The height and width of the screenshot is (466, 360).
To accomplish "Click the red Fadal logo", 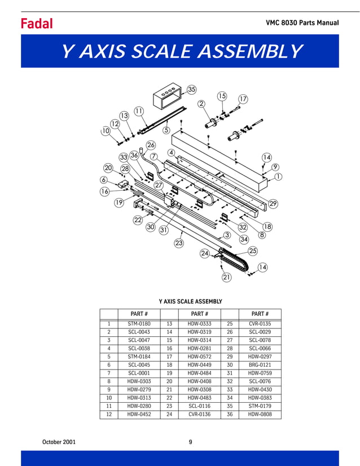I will [x=37, y=23].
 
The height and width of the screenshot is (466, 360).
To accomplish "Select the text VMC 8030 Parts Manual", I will [x=302, y=23].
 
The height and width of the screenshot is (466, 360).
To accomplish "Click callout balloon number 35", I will [x=191, y=90].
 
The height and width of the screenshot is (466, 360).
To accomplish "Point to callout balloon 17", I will [x=243, y=99].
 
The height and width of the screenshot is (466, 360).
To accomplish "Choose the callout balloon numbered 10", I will [x=106, y=131].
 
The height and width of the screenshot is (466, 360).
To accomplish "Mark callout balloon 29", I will [x=273, y=203].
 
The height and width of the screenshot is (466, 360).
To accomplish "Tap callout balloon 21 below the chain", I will [x=226, y=277].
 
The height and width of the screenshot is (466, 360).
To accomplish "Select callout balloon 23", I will [x=179, y=243].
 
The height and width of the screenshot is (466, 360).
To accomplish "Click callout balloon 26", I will [x=151, y=145].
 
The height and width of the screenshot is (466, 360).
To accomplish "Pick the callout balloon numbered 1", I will [x=278, y=177].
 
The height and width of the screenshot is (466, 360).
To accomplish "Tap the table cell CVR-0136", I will [x=198, y=415].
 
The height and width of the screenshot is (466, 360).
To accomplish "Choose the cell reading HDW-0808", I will [x=260, y=415].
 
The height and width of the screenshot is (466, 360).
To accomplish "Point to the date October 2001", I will [x=59, y=442].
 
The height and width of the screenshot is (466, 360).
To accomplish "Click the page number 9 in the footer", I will [x=190, y=442].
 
